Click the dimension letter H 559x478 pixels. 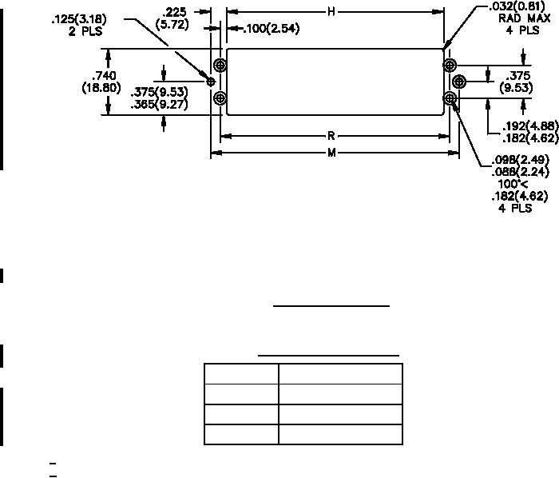click(331, 11)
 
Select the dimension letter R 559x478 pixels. click(331, 136)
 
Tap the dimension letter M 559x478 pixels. click(331, 153)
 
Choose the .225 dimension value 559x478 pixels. click(174, 12)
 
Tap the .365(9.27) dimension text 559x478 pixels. click(159, 103)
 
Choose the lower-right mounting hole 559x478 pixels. click(450, 98)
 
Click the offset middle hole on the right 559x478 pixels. click(459, 81)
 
